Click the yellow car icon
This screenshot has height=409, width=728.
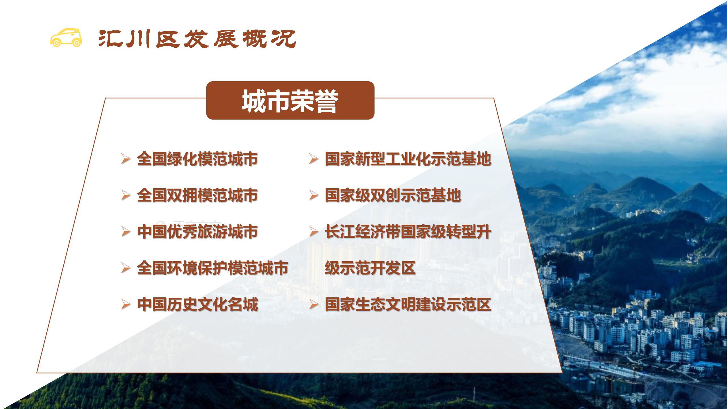[66, 37]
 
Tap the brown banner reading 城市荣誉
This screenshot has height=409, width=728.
[290, 100]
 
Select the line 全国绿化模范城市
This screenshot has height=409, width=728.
[197, 159]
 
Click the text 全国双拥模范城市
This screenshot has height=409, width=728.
[197, 195]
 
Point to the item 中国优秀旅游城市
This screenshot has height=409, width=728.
[197, 232]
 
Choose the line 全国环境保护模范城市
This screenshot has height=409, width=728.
[212, 268]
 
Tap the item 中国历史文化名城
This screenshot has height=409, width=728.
[197, 304]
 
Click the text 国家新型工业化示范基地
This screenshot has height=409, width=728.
[408, 159]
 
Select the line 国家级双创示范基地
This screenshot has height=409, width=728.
[393, 195]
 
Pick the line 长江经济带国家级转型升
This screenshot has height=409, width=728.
[408, 232]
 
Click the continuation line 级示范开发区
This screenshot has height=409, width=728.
[370, 268]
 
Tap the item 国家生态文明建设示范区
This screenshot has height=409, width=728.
[408, 304]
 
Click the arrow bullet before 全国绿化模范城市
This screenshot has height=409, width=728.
[126, 159]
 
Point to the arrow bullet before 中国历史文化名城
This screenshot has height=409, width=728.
[126, 305]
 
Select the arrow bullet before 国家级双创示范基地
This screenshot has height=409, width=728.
[314, 196]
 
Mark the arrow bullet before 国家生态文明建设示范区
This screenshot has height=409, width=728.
[314, 305]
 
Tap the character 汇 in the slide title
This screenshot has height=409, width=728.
[109, 39]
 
